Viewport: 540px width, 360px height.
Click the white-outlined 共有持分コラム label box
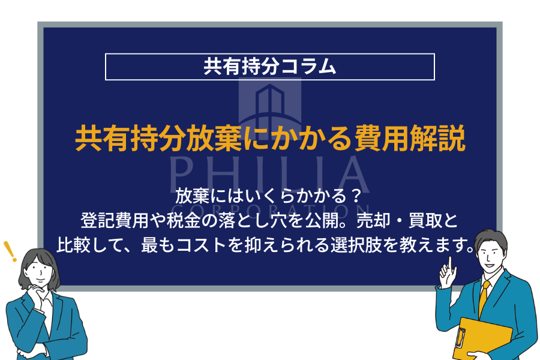269,67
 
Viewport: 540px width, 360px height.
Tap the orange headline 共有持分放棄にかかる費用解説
270,139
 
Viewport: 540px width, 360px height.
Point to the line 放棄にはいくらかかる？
270,196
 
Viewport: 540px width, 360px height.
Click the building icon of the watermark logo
269,105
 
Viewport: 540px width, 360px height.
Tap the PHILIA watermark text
269,174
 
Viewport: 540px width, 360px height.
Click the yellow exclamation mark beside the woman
10,251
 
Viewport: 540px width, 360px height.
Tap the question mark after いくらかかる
356,196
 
